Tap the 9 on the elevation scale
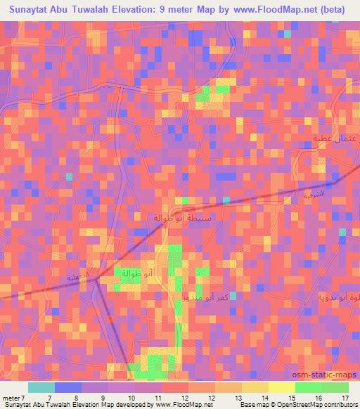[x=104, y=397]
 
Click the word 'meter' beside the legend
[x=10, y=397]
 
